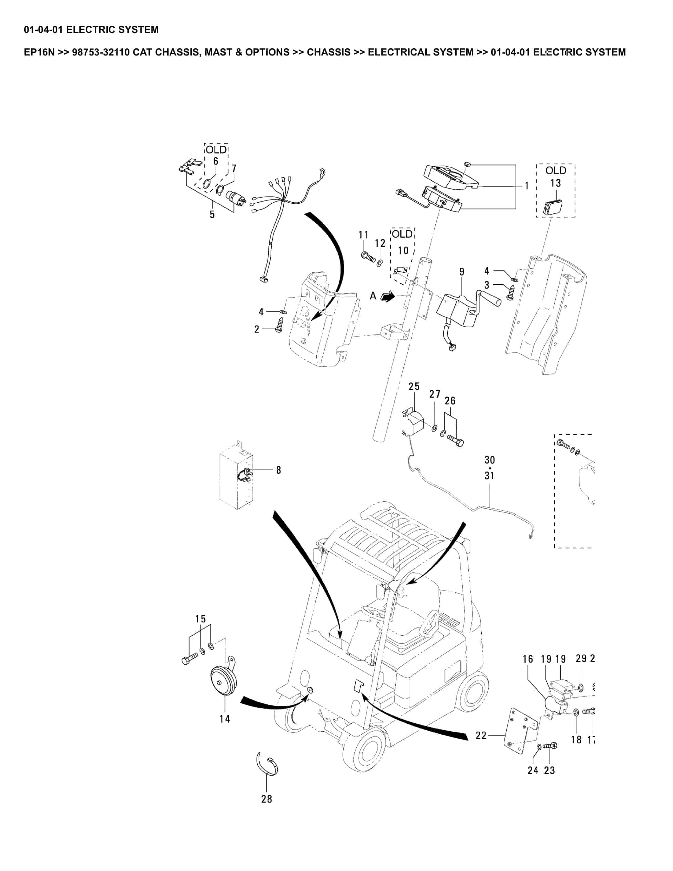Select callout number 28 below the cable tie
click(x=266, y=799)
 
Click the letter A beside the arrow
click(x=373, y=296)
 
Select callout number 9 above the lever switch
click(x=462, y=272)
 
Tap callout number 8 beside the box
click(x=278, y=470)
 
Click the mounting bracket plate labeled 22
click(x=518, y=732)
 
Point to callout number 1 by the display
click(x=526, y=186)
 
